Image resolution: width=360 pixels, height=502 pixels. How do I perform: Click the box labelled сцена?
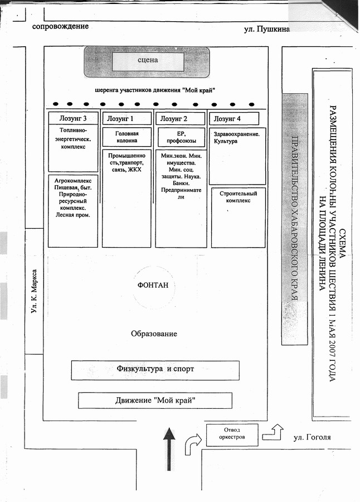tap(148, 61)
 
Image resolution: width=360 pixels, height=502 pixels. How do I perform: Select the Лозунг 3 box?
tap(74, 118)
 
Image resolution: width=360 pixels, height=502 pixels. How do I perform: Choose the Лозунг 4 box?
tap(234, 118)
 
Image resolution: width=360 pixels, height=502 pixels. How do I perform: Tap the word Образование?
tap(154, 334)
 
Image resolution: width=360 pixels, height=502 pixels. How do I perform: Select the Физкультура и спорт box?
tap(155, 369)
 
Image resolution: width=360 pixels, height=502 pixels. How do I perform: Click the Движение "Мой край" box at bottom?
tap(155, 400)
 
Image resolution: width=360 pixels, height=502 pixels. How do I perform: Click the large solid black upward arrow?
tap(169, 446)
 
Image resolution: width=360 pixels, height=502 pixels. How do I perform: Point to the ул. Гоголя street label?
tap(312, 437)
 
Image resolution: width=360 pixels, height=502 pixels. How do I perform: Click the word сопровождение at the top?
tap(60, 26)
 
